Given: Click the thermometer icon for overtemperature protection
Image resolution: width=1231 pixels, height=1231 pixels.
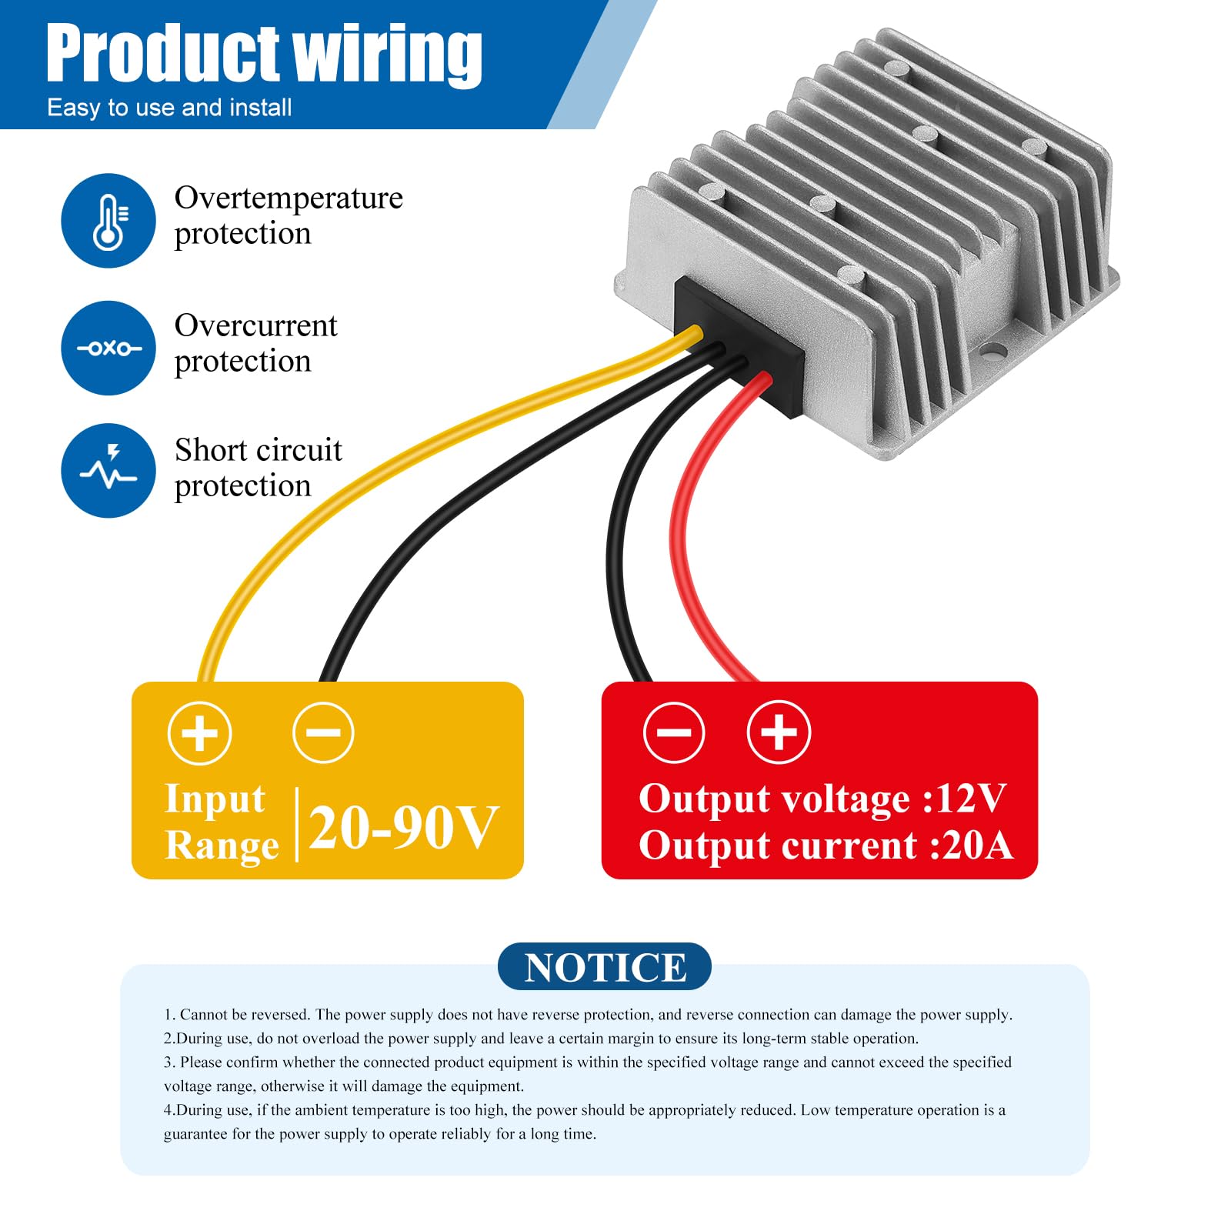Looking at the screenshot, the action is [x=108, y=221].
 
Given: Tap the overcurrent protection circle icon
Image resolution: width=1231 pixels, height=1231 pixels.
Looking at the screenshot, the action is [x=108, y=348].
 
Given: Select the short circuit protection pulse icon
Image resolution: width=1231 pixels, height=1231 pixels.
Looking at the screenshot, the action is [x=108, y=470].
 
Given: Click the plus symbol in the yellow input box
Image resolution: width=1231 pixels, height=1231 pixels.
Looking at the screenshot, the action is [x=200, y=732].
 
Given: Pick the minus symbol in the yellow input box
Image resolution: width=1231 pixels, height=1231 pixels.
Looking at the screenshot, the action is [x=323, y=732].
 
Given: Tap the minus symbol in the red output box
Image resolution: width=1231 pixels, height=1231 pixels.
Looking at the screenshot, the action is [x=674, y=732].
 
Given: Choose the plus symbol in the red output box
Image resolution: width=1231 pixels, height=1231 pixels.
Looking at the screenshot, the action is [x=779, y=732].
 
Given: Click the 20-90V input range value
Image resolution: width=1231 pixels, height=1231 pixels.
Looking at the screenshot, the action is [x=404, y=828].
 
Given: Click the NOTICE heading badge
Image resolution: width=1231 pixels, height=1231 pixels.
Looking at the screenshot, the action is [x=605, y=967].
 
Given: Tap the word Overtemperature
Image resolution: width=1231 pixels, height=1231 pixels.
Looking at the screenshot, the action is [x=289, y=198].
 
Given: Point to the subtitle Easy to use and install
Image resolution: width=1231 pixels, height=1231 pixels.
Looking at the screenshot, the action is [x=169, y=108].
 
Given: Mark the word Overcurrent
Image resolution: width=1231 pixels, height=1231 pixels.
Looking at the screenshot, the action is [x=255, y=326].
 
